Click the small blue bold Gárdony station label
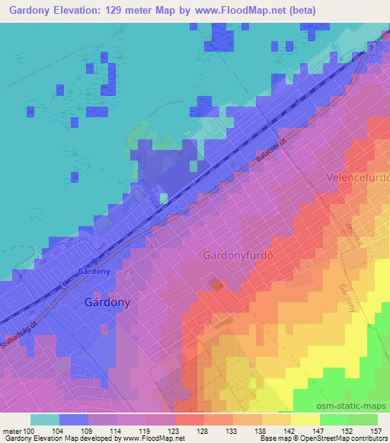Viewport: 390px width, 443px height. tap(95, 272)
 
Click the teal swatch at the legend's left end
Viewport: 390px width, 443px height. tap(45, 419)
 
